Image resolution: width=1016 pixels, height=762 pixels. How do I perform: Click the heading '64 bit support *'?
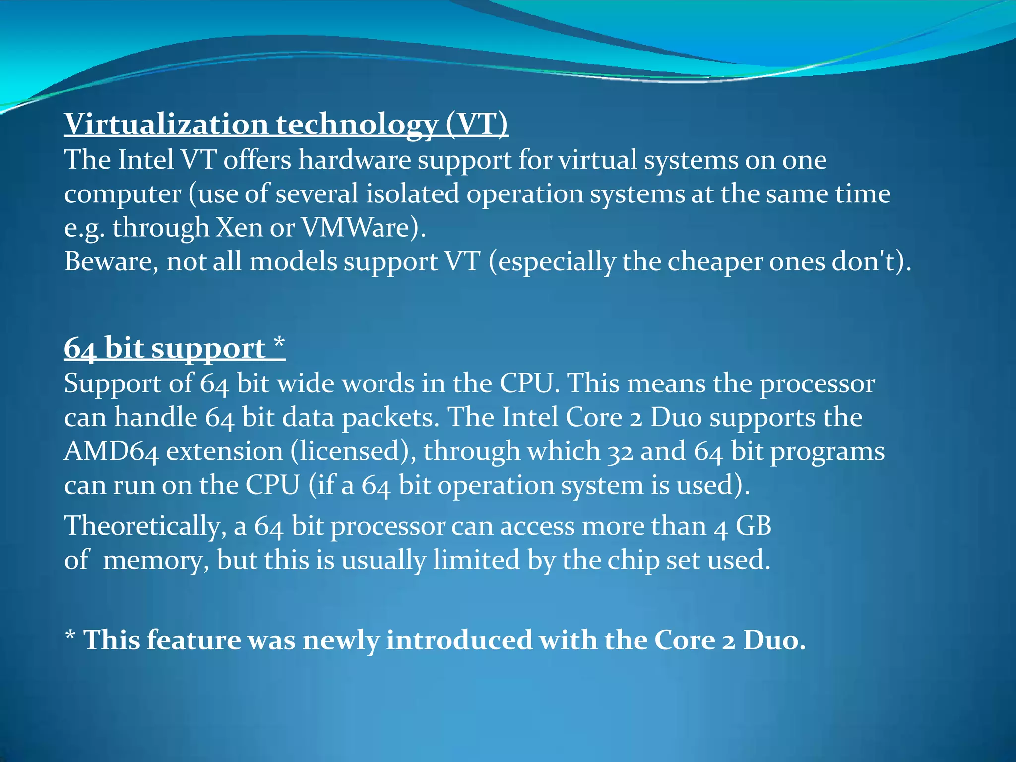tap(175, 348)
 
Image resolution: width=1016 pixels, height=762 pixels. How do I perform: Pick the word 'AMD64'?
tap(111, 452)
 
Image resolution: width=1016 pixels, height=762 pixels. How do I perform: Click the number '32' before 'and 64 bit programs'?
tap(620, 452)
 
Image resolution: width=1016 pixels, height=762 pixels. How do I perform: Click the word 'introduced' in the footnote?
tap(459, 640)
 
